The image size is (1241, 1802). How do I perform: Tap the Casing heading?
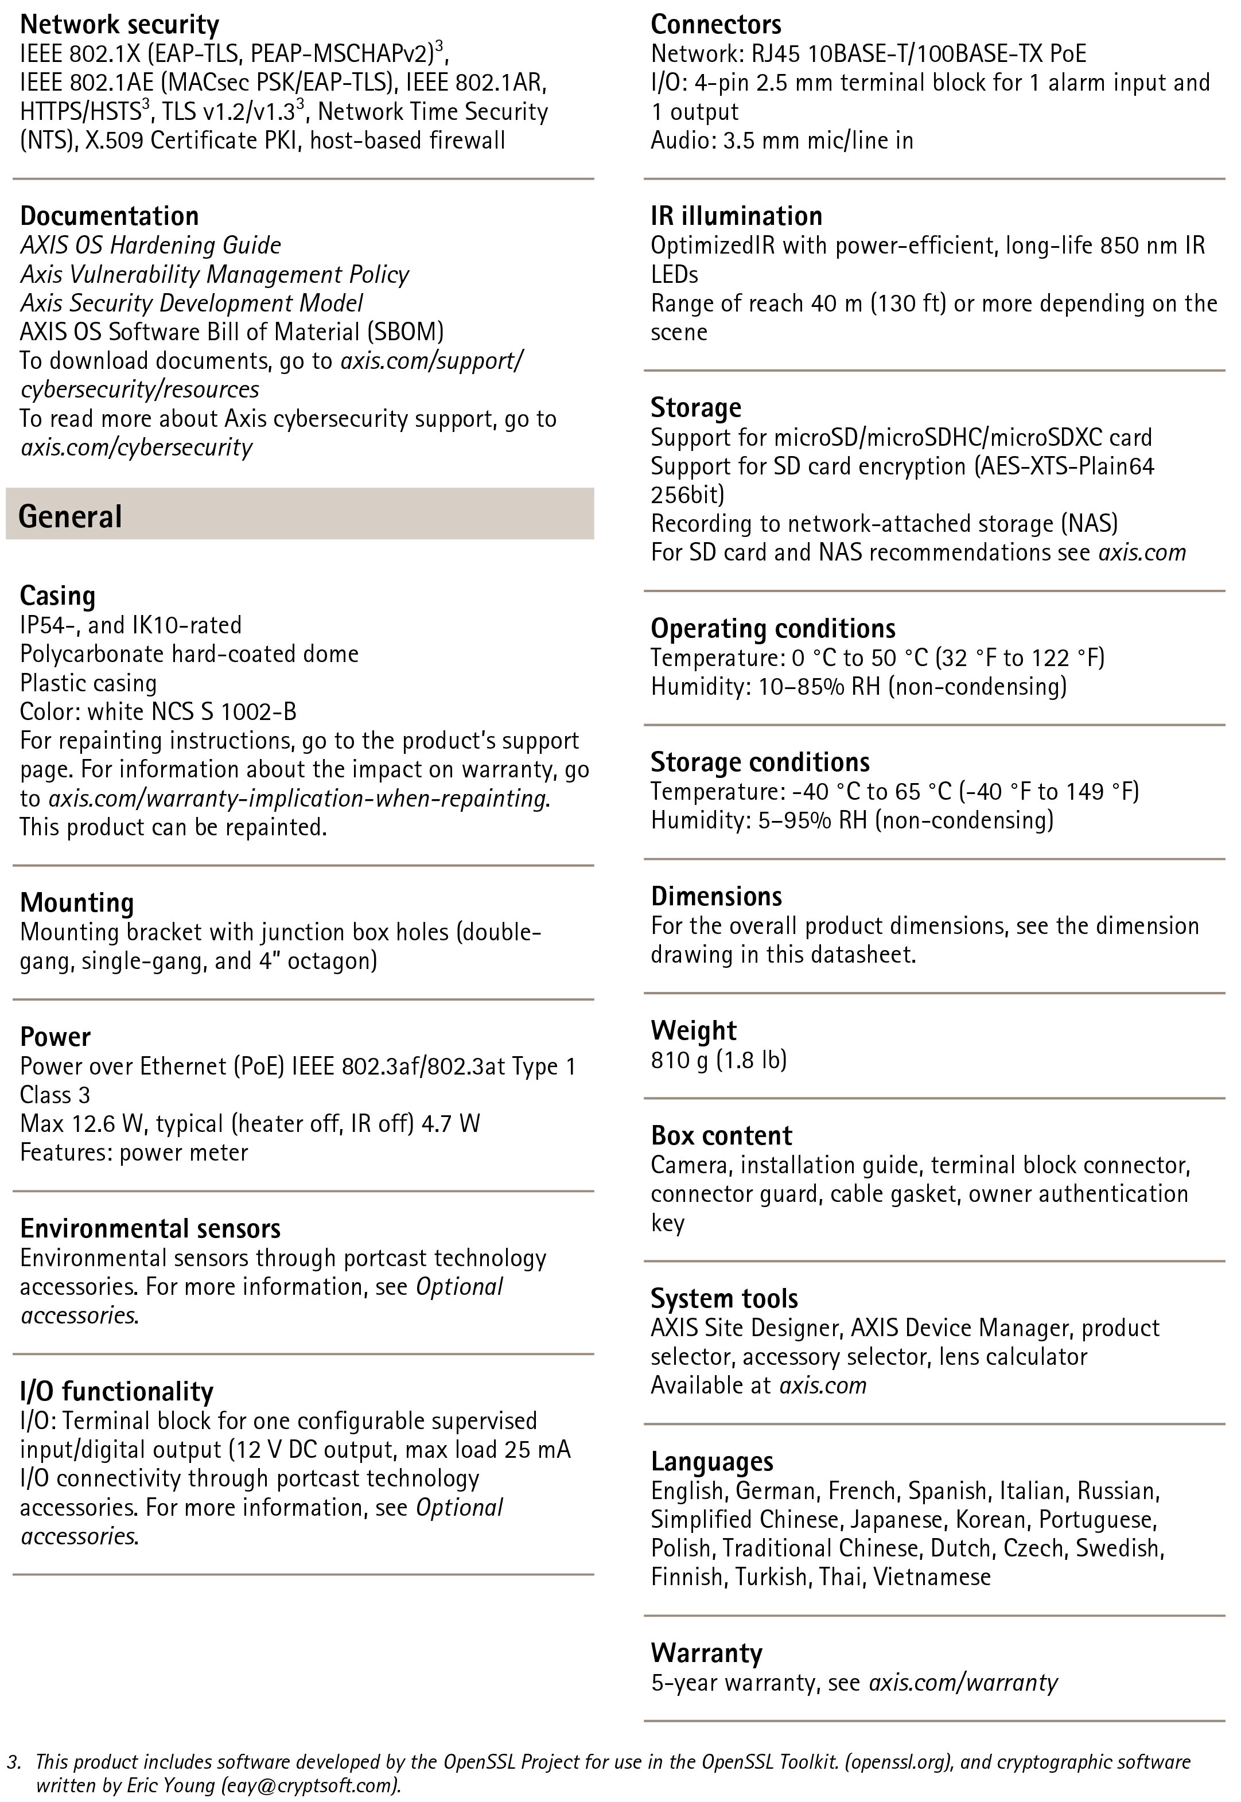coord(57,596)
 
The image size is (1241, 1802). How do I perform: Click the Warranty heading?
coord(706,1653)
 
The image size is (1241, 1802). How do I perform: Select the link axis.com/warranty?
coord(963,1683)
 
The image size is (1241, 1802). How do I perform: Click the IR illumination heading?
coord(736,216)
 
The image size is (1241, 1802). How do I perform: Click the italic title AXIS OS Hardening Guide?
coord(150,246)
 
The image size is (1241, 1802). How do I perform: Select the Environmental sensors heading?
coord(150,1229)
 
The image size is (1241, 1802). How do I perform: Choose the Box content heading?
coord(721,1137)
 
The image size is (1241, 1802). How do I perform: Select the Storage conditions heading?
coord(760,762)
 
